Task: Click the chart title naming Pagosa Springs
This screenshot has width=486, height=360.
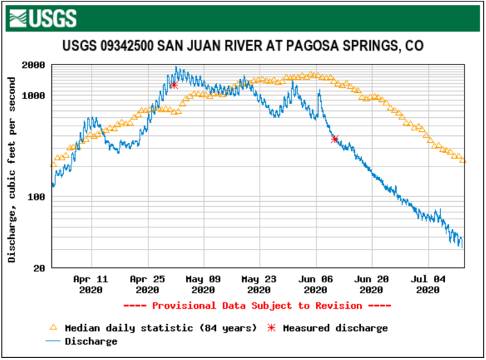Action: [242, 46]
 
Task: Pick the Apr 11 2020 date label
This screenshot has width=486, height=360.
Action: [91, 284]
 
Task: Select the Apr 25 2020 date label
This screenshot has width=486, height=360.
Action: [147, 284]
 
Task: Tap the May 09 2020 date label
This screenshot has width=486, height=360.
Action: [203, 284]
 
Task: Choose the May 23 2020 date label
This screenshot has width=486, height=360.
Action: [259, 284]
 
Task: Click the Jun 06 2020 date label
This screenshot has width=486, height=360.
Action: [315, 284]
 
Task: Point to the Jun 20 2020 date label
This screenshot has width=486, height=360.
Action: [371, 284]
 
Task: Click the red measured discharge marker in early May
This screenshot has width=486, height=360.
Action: [174, 85]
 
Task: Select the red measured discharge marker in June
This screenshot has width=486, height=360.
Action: [335, 139]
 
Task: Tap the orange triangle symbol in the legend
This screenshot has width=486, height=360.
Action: [53, 327]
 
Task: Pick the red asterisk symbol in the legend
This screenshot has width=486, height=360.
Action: [271, 327]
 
